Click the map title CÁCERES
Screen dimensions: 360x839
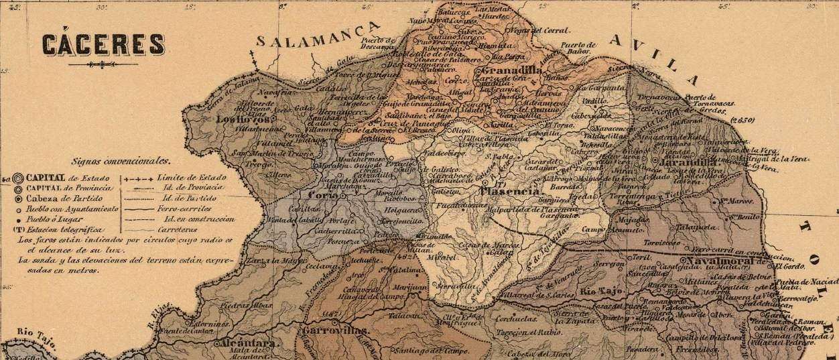point(103,44)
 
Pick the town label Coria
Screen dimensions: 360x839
point(322,195)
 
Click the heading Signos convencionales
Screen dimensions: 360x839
point(121,162)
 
